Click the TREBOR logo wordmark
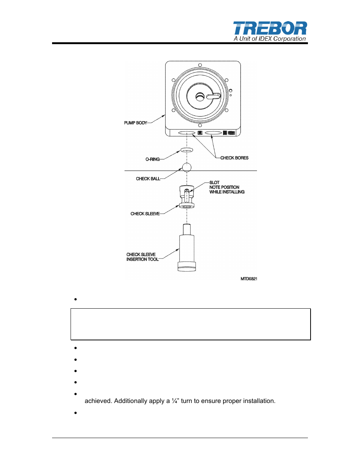pyautogui.click(x=270, y=29)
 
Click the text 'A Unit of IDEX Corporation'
pyautogui.click(x=269, y=39)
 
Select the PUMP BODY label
pyautogui.click(x=135, y=123)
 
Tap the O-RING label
pyautogui.click(x=152, y=159)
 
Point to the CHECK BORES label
pyautogui.click(x=234, y=158)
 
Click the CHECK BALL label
pyautogui.click(x=148, y=179)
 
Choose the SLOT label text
pyautogui.click(x=214, y=183)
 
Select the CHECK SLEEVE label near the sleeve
pyautogui.click(x=145, y=214)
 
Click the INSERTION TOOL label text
pyautogui.click(x=142, y=260)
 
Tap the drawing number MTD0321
pyautogui.click(x=249, y=279)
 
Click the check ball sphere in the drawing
pyautogui.click(x=187, y=167)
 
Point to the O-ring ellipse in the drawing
pyautogui.click(x=187, y=150)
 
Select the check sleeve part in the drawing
pyautogui.click(x=187, y=197)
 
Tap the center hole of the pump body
pyautogui.click(x=200, y=97)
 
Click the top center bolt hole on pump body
pyautogui.click(x=200, y=65)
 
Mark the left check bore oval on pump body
pyautogui.click(x=187, y=133)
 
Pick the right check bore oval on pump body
pyautogui.click(x=213, y=133)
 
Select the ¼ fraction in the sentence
pyautogui.click(x=174, y=401)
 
